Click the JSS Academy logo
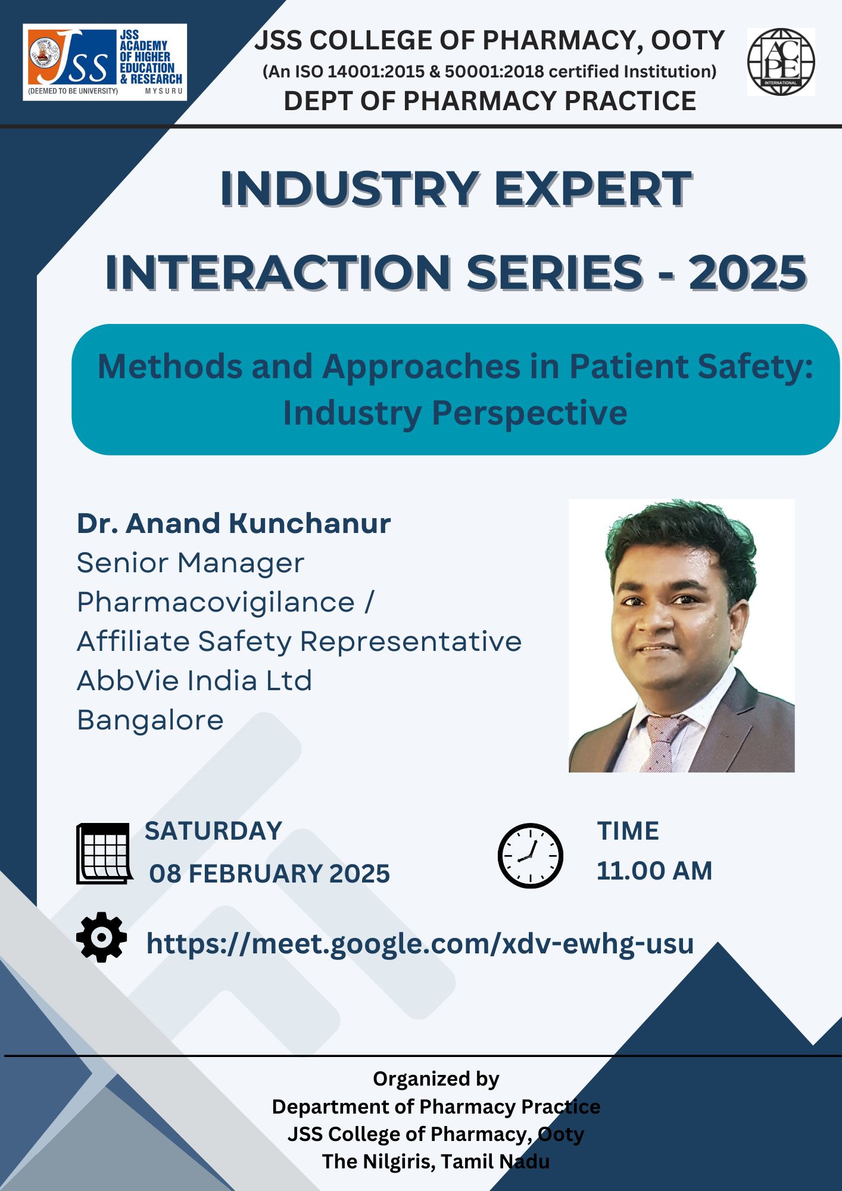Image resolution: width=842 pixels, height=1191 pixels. tap(105, 62)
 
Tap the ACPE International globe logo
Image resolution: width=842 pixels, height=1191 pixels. tap(781, 62)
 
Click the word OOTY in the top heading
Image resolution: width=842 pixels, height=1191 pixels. tap(688, 40)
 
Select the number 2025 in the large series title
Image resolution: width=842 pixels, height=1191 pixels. tap(747, 273)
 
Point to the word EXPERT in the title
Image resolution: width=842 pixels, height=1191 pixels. tap(592, 189)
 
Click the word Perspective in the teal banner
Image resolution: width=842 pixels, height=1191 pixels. tap(529, 413)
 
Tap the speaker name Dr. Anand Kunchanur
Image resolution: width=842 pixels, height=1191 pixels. tap(234, 523)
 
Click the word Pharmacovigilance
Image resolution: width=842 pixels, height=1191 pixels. tap(216, 602)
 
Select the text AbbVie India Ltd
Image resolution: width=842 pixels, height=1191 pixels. tap(194, 680)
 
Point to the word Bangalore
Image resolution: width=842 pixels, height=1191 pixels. tap(151, 721)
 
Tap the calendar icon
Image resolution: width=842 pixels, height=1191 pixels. tap(104, 853)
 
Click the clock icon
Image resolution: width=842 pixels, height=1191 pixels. tap(530, 856)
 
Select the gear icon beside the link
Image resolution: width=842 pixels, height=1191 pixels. tap(102, 937)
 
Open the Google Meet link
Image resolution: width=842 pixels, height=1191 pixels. tap(420, 944)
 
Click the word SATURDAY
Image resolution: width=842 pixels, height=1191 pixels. tap(213, 831)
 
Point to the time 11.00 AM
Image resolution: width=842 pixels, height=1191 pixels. tap(654, 871)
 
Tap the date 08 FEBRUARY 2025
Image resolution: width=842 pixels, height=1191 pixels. tap(269, 874)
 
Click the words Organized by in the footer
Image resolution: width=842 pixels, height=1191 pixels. tap(436, 1078)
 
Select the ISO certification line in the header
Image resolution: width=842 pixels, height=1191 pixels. tap(489, 71)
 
